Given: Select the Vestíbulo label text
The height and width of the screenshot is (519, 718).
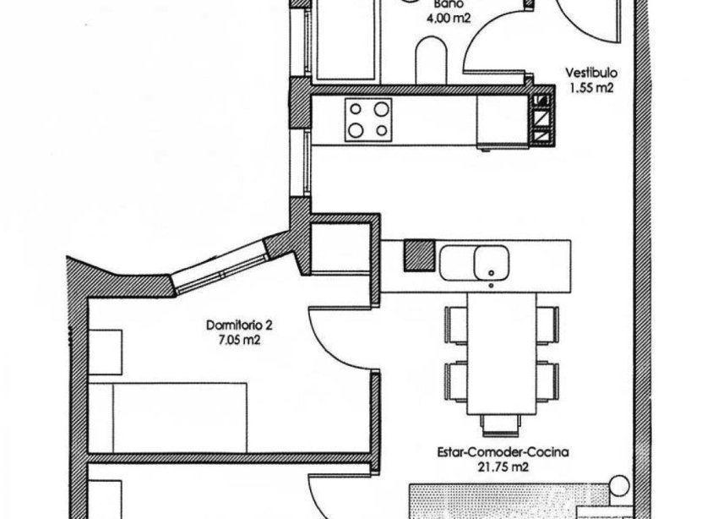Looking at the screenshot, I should click(586, 73).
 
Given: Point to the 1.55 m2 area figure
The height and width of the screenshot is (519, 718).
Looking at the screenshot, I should click(588, 87).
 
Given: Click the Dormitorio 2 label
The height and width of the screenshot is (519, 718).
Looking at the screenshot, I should click(239, 325).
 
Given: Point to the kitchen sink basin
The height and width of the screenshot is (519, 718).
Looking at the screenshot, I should click(489, 261).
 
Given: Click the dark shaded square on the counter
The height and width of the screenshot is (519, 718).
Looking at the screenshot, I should click(416, 254).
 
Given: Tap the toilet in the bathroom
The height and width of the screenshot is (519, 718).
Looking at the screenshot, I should click(431, 63).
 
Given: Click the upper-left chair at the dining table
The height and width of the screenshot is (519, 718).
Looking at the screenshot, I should click(456, 322).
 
